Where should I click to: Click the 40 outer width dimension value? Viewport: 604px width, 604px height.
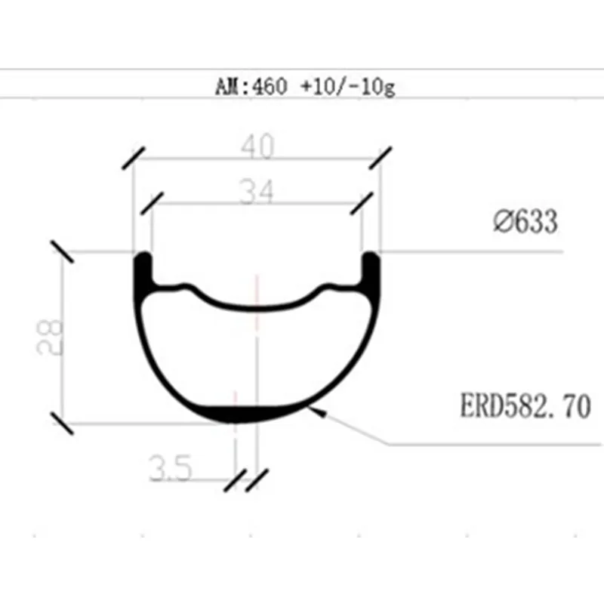point(257,146)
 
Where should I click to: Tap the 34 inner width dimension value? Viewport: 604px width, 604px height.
point(256,192)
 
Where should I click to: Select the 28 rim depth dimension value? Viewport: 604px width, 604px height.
point(49,337)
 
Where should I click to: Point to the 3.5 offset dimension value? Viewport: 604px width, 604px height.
point(171,467)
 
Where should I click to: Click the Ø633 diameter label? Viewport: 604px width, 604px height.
point(525,221)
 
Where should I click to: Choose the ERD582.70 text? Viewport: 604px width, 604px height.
point(525,405)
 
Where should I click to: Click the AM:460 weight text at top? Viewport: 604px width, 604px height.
point(251,86)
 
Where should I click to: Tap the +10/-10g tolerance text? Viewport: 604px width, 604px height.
point(348,87)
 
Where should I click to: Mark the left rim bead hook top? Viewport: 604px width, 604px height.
point(143,256)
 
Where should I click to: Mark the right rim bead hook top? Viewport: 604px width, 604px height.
point(371,256)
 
